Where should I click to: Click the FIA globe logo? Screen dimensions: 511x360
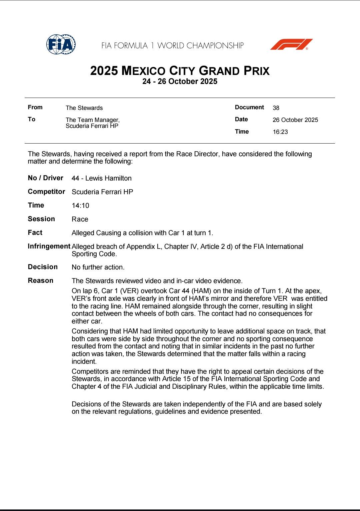coord(61,44)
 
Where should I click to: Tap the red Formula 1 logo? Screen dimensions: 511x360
coord(291,44)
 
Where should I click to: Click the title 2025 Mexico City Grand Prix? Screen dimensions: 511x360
coord(180,71)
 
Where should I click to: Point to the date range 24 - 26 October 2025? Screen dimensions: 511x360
coord(180,82)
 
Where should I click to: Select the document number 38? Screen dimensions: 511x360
coord(276,108)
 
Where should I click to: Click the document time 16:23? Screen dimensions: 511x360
coord(280,132)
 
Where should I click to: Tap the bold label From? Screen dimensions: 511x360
coord(35,107)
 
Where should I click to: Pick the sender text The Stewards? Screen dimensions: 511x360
coord(84,108)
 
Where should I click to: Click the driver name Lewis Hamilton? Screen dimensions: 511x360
coord(108,178)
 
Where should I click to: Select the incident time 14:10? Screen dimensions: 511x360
coord(80,206)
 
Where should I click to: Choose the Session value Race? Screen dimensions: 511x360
coord(80,219)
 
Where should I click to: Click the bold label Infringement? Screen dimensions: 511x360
coord(49,246)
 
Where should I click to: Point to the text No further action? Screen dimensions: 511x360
coord(98,267)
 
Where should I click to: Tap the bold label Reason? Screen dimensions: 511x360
coord(40,280)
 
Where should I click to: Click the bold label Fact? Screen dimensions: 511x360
coord(35,233)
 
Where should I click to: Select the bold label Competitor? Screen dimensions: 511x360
coord(46,192)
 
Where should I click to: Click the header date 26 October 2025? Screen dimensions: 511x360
coord(295,120)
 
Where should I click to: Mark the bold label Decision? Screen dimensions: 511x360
coord(43,267)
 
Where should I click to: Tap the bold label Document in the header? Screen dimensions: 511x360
coord(249,107)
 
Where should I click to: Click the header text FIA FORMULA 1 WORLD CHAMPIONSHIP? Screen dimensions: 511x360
coord(172,46)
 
